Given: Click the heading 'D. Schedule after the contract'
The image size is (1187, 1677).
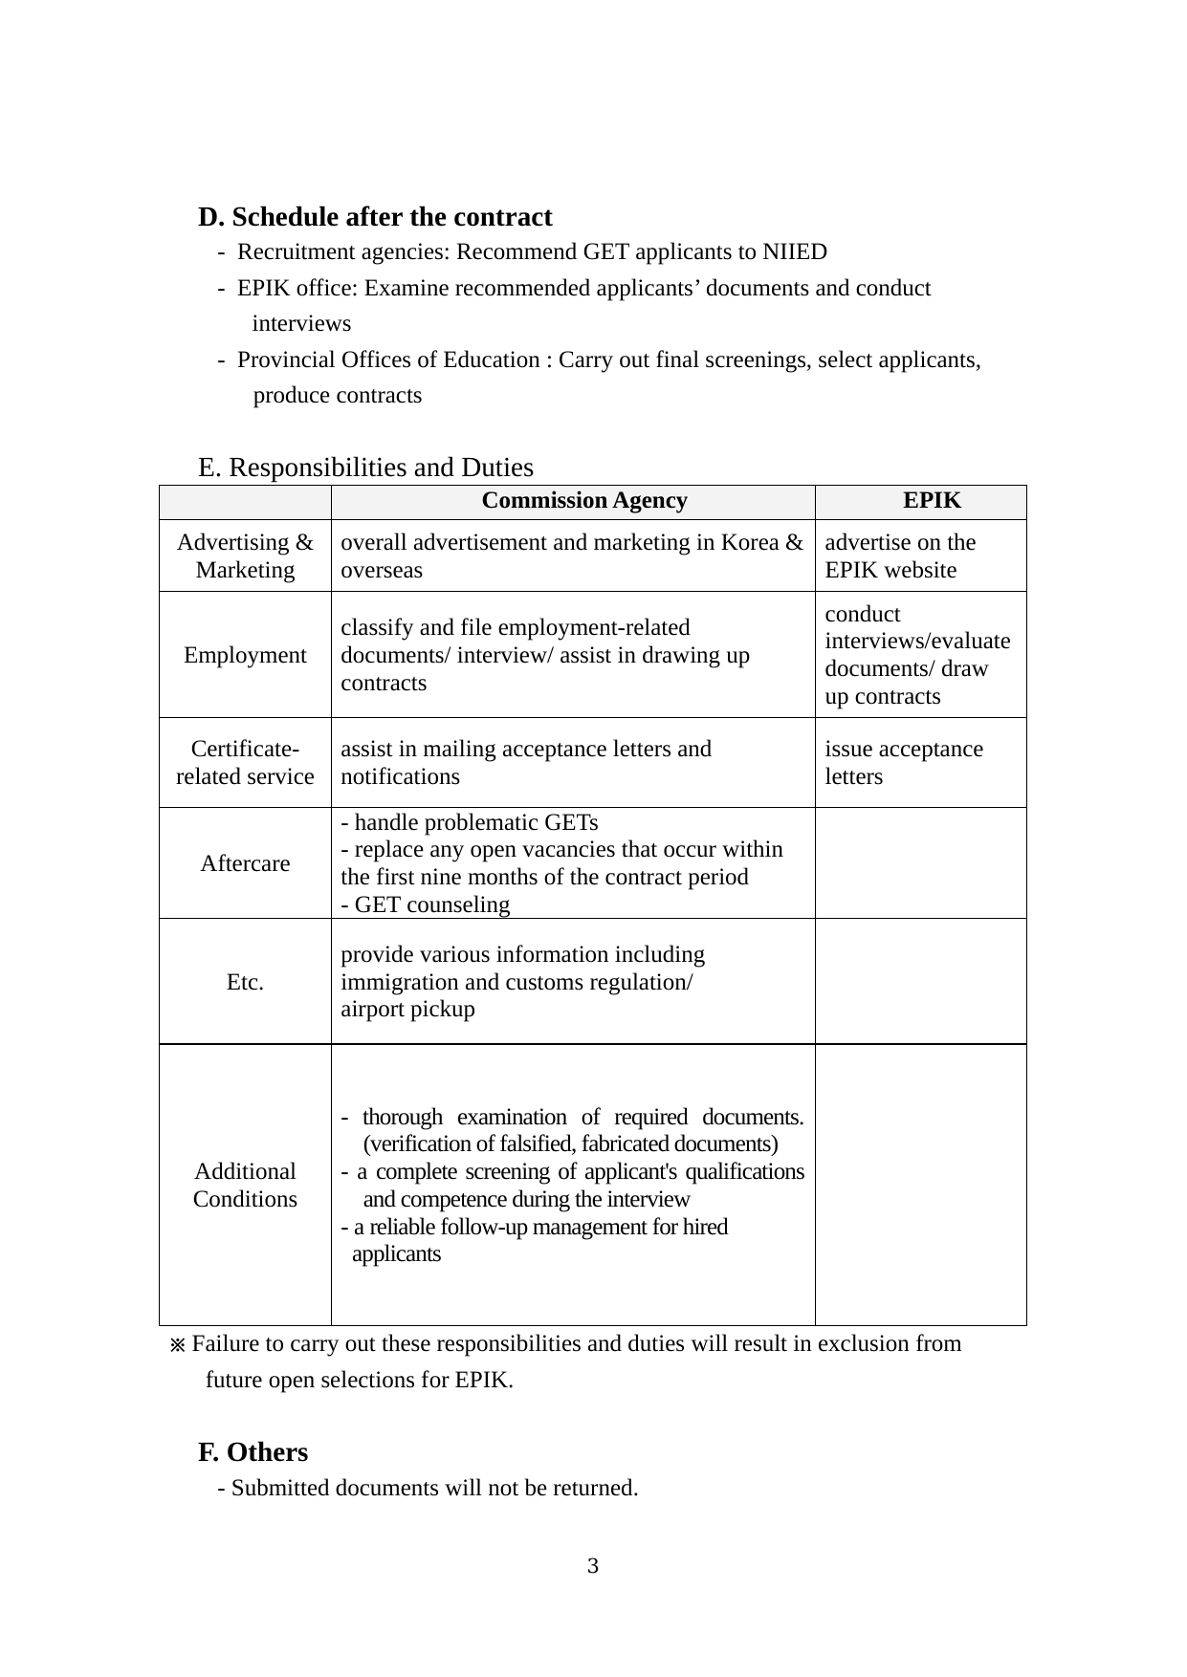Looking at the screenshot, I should (375, 217).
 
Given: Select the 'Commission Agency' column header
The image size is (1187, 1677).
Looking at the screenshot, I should (583, 501).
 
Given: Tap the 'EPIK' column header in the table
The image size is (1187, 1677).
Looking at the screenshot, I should (932, 501).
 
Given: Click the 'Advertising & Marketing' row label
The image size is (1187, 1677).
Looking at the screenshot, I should (245, 555).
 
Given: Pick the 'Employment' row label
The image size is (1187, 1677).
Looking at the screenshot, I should (245, 655).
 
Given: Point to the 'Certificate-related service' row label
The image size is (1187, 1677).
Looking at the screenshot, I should (245, 762).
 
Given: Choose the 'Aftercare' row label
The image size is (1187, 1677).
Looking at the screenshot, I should (245, 863).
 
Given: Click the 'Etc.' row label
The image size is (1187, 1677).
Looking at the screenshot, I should (245, 982).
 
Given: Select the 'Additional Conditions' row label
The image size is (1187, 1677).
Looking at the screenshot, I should (245, 1186).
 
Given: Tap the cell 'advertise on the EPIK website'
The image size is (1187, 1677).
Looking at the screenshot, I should (900, 555).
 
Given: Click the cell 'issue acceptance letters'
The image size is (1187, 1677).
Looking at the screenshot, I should (904, 762).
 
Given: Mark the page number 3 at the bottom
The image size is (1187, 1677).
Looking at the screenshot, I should (593, 1566).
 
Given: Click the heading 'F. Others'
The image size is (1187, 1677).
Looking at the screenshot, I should (253, 1452).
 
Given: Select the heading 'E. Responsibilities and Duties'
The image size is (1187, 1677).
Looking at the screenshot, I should (365, 468).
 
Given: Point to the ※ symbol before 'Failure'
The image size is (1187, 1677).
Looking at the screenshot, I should (176, 1346).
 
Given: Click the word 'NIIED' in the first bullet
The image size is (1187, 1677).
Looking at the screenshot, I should (794, 252).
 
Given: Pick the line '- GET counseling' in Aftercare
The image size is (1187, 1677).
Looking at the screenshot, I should (426, 904).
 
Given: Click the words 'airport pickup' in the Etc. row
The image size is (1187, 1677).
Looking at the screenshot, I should (407, 1010).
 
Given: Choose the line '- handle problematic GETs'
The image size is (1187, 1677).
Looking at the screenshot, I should (470, 822).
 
